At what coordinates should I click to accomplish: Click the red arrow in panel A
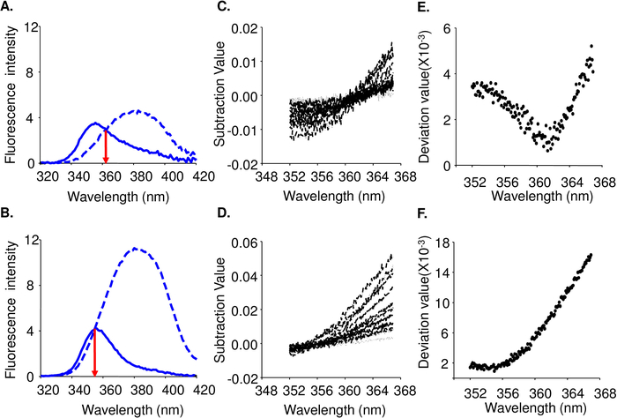(x=106, y=146)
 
